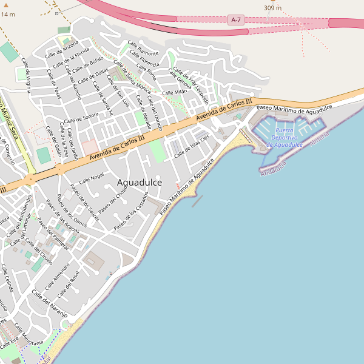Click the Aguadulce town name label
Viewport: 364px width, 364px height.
tap(139, 182)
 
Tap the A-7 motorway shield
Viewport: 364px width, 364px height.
tap(237, 20)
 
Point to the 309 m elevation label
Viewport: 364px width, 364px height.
tap(272, 8)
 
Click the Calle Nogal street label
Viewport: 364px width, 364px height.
tap(92, 177)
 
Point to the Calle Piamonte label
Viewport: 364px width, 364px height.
tap(143, 48)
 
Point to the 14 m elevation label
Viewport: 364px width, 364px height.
tap(8, 14)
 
